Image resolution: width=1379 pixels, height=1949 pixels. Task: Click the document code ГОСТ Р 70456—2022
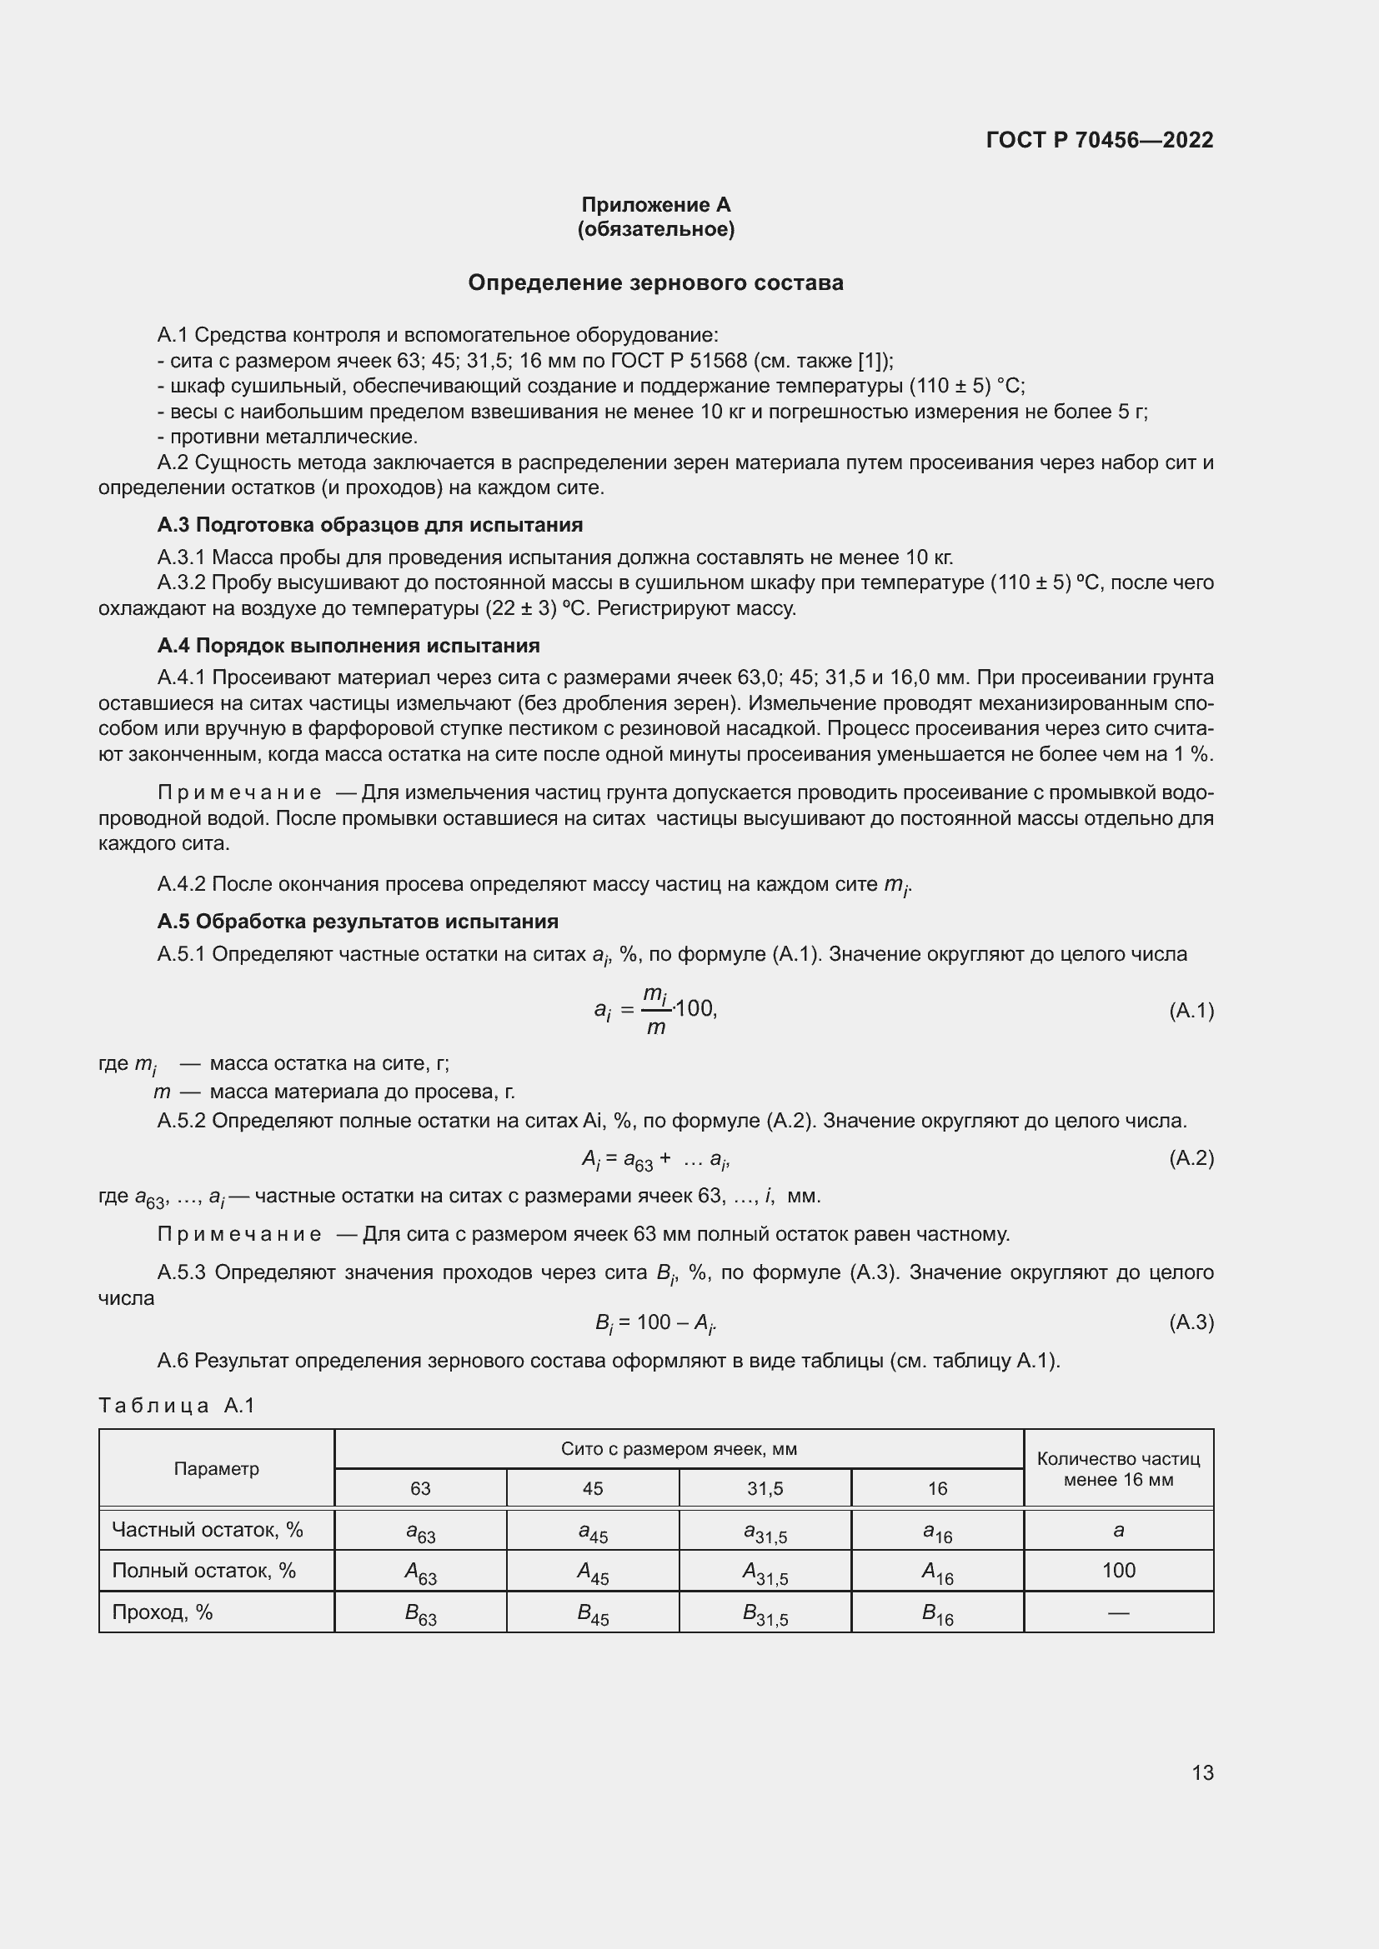(1099, 140)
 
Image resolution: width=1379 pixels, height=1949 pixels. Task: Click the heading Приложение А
(655, 205)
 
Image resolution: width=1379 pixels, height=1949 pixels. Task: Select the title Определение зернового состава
(655, 282)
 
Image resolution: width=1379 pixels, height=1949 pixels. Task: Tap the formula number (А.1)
(1191, 1010)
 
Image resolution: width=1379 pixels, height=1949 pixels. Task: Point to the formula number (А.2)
(1191, 1158)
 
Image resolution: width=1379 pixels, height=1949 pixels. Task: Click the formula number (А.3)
(1191, 1322)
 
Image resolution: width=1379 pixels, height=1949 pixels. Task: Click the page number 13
(1201, 1772)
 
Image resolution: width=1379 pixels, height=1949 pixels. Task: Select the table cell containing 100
(1117, 1571)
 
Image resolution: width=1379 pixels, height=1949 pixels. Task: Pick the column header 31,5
(765, 1489)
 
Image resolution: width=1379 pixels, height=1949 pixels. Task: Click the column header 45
(593, 1489)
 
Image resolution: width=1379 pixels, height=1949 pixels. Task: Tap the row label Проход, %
(163, 1612)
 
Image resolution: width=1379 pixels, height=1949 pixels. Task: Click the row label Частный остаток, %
(208, 1530)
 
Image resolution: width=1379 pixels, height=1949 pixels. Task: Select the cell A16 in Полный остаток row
(936, 1573)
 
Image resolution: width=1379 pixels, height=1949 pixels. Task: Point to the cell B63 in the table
(420, 1614)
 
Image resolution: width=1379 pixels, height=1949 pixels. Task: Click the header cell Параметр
(217, 1468)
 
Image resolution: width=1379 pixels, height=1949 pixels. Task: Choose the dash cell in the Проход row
(1117, 1612)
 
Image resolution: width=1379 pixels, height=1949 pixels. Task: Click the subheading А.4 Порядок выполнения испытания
(349, 645)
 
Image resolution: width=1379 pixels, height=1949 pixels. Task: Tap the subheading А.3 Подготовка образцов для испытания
(369, 525)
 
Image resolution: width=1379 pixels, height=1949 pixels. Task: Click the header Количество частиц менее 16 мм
(1117, 1468)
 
